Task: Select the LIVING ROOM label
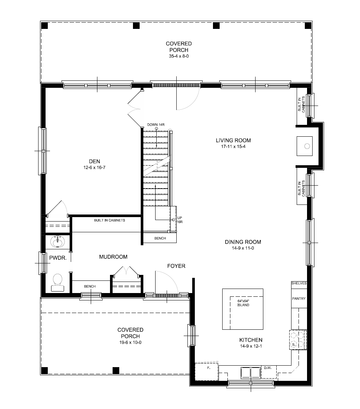click(233, 140)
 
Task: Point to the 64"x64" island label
click(243, 303)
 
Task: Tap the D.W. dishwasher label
click(268, 368)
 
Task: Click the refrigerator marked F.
click(209, 368)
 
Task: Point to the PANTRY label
click(299, 299)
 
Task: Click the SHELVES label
click(299, 283)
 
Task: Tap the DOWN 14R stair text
click(156, 124)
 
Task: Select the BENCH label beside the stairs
click(160, 238)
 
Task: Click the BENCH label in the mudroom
click(90, 286)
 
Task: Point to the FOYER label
click(176, 266)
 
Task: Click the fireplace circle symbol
click(307, 146)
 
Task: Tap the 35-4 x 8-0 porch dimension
click(179, 56)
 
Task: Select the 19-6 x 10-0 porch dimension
click(130, 342)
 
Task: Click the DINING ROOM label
click(243, 242)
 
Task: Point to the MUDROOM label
click(113, 257)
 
